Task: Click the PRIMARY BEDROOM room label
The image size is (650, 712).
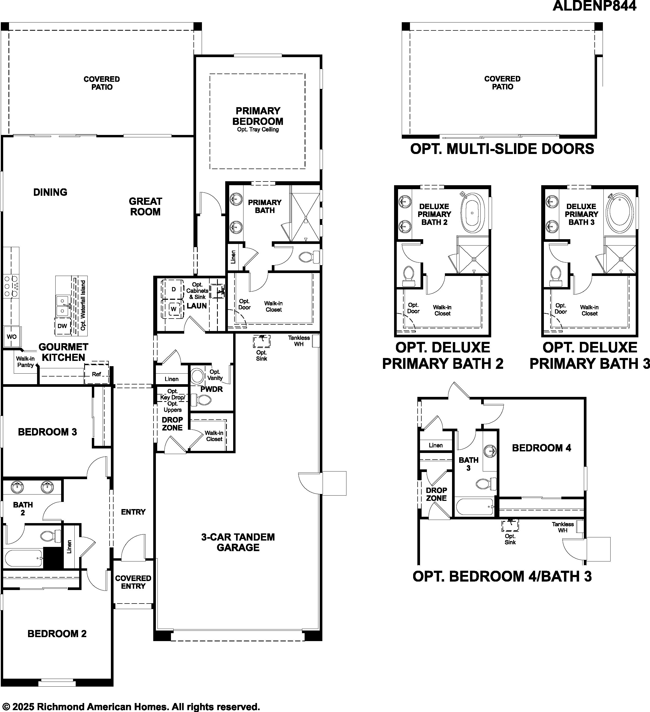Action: coord(258,116)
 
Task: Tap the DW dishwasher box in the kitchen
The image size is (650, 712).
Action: coord(62,326)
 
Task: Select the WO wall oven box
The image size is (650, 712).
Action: coord(12,337)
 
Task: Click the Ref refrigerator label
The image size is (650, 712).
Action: coord(96,374)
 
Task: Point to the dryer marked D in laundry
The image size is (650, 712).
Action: coord(173,289)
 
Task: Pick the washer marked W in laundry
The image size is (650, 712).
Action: coord(173,309)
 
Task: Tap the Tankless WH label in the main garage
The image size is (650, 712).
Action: coord(299,341)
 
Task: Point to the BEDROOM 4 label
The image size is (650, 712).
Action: coord(541,448)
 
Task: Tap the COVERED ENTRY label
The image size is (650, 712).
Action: coord(133,582)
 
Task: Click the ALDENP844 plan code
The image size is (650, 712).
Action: coord(594,6)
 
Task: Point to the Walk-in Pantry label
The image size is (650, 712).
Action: coord(25,362)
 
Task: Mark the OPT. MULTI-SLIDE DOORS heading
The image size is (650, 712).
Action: coord(502,149)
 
